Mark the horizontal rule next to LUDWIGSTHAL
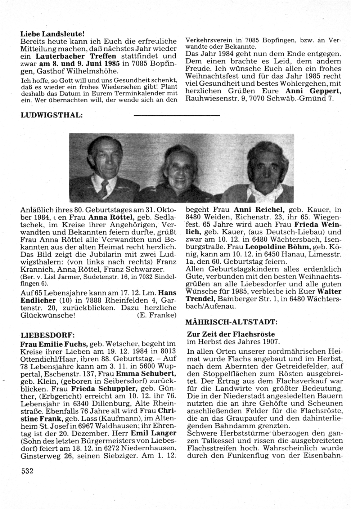point(176,115)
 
